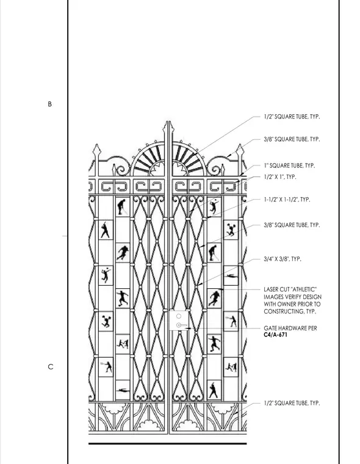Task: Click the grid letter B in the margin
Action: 49,104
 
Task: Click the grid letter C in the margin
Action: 51,367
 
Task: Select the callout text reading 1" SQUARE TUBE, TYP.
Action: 289,165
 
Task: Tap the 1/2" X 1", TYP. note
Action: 280,177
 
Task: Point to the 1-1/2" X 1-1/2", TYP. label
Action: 287,200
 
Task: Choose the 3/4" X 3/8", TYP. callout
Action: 283,259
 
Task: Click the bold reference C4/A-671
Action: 275,335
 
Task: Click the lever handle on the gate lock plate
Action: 181,325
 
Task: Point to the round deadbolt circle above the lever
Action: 179,316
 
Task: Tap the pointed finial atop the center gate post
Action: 168,127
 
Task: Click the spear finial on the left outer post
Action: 97,151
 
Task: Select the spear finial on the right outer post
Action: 240,151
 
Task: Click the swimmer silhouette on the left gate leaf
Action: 123,390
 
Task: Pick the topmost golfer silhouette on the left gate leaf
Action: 121,207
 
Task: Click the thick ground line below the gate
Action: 167,444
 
